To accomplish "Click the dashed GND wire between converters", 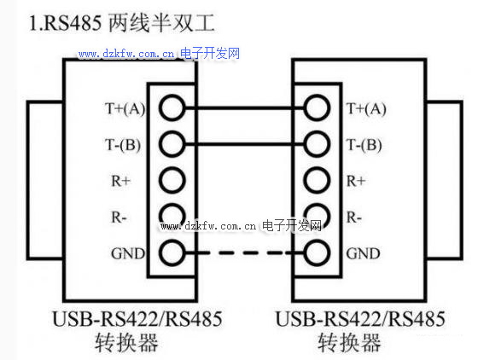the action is tap(244, 253).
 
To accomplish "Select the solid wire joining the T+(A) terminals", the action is tap(244, 108).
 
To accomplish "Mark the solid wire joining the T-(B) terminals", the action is tap(244, 144).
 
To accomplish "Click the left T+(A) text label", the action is tap(125, 108).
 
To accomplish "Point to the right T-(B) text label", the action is tap(364, 145).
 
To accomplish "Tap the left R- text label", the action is tap(119, 218).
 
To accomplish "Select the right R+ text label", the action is tap(356, 181).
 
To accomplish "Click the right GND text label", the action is tap(363, 253).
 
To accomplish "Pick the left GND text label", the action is tap(128, 253).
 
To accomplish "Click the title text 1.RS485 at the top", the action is tap(65, 23).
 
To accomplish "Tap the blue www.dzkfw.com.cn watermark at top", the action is tap(126, 55).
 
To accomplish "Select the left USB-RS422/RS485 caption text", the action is tap(137, 319).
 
